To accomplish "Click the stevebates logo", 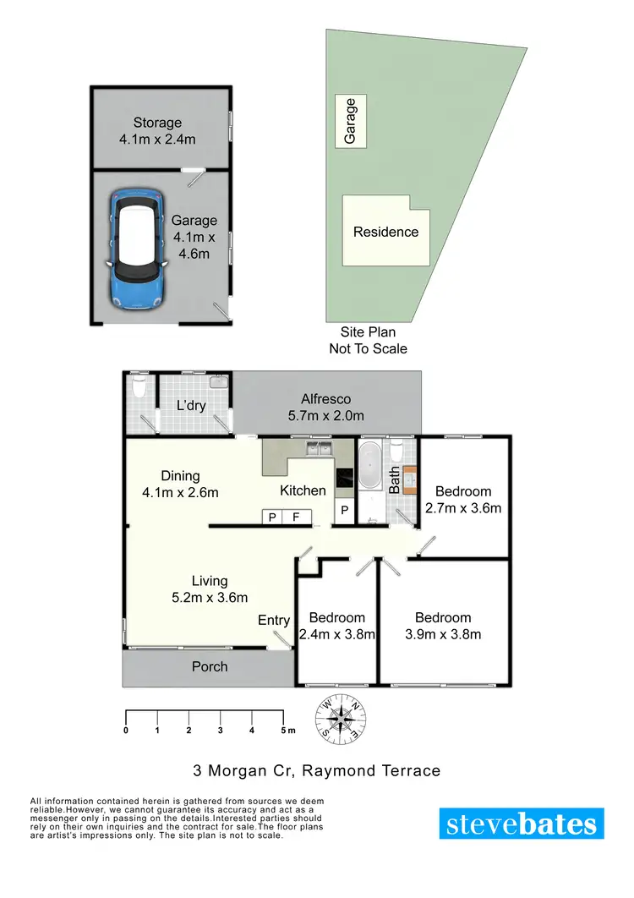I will [522, 824].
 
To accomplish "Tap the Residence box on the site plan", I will [385, 232].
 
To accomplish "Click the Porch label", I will [209, 666].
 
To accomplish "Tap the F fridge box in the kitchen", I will [296, 517].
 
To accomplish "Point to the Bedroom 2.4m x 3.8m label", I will [336, 626].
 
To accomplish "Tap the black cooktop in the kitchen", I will [345, 480].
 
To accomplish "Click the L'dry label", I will [192, 406].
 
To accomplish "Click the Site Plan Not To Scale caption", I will [368, 340].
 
